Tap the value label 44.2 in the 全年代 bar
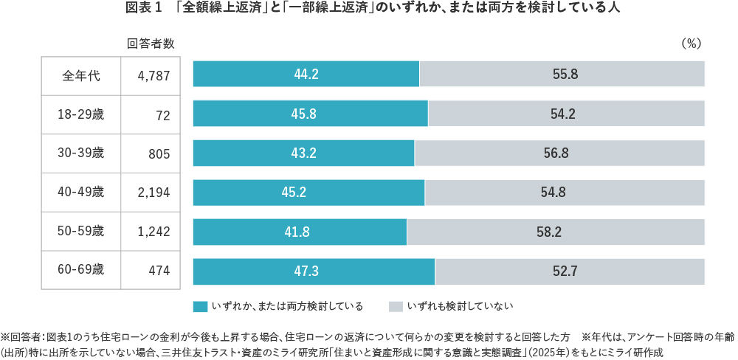point(306,75)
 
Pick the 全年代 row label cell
point(80,75)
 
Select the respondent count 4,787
point(154,75)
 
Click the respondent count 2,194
point(154,193)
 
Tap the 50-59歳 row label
point(80,232)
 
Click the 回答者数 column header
point(151,44)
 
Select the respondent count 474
point(159,271)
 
